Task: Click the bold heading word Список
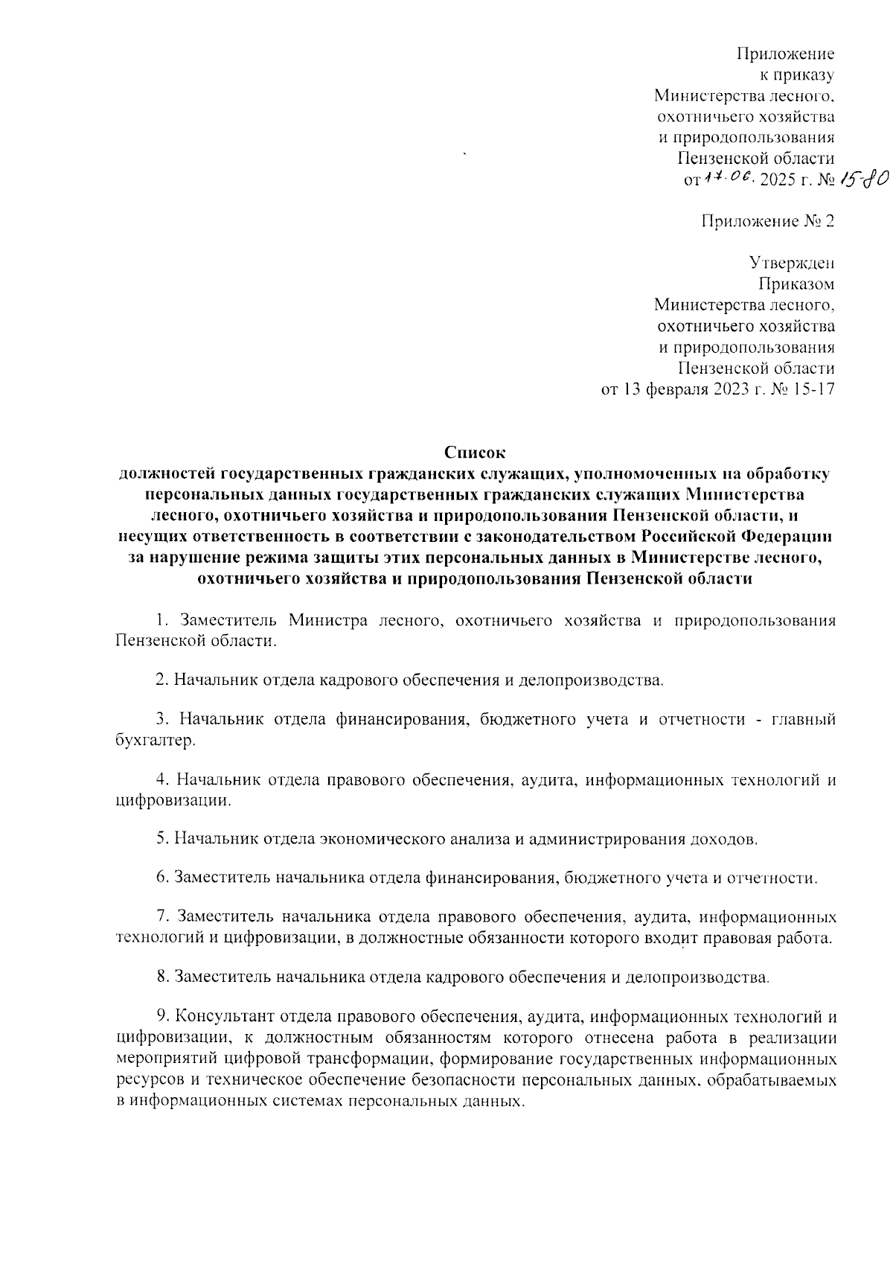pos(475,452)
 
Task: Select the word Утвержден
pos(791,264)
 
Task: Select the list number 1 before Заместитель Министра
pos(160,621)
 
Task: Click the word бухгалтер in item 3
pos(155,741)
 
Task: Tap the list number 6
pos(161,878)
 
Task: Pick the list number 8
pos(161,977)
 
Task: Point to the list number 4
pos(161,779)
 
